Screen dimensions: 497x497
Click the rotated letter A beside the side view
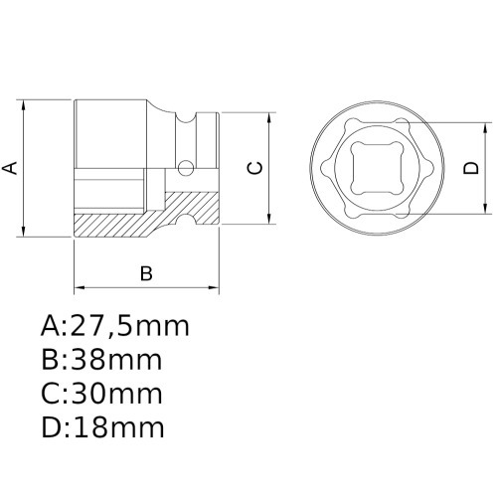[x=11, y=168]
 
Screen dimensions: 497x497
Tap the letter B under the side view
[x=145, y=273]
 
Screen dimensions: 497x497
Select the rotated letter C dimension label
[x=254, y=168]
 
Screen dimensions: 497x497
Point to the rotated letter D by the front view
[x=470, y=168]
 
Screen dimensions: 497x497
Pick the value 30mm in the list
[x=113, y=394]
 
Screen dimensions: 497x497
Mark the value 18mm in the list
[x=114, y=427]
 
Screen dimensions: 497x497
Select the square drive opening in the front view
[x=379, y=168]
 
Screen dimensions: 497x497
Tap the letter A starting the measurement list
[x=52, y=326]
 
